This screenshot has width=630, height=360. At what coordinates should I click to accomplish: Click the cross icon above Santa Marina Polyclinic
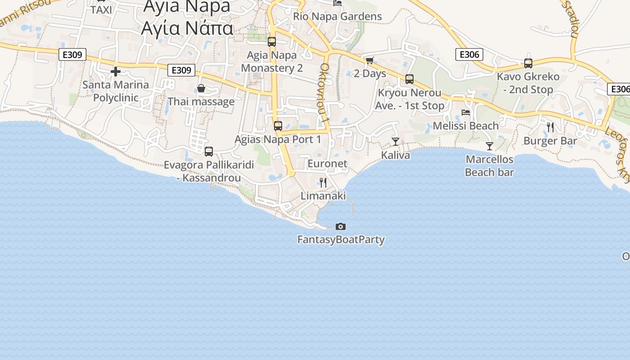[116, 72]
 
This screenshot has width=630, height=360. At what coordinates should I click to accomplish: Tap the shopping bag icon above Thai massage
[201, 88]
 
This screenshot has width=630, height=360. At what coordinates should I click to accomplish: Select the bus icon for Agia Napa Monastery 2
[272, 42]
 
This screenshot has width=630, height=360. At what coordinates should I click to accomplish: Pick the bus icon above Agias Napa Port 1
[278, 126]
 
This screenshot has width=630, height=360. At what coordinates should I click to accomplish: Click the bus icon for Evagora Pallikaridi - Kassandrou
[209, 152]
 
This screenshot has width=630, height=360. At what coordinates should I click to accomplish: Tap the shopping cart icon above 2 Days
[370, 60]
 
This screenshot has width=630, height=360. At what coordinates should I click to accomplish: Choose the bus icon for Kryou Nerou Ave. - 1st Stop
[409, 79]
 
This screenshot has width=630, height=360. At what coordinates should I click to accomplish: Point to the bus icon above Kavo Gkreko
[528, 63]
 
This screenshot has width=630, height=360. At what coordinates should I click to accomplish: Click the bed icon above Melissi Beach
[466, 112]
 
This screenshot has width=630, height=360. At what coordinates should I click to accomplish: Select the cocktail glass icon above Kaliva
[396, 142]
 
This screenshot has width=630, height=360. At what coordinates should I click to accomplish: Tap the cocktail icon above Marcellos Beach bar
[490, 146]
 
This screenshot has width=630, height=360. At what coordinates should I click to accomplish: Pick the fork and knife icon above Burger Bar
[550, 127]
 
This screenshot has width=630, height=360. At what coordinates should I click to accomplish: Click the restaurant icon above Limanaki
[323, 182]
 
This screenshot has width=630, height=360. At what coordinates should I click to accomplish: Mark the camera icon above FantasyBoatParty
[341, 226]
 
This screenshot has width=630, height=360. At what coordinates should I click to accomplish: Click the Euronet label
[328, 164]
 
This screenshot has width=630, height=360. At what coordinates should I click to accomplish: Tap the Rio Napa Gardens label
[337, 17]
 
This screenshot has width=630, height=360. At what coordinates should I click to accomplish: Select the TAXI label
[101, 10]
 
